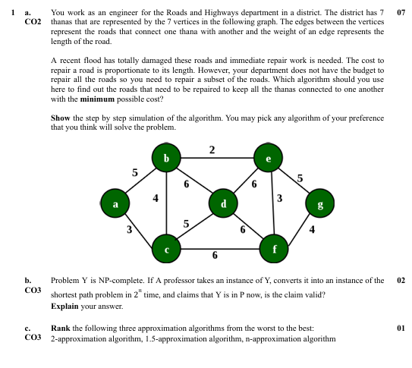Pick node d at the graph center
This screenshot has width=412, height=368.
[x=223, y=203]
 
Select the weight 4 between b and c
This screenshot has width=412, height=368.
[x=156, y=198]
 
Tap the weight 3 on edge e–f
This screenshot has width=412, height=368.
[x=280, y=199]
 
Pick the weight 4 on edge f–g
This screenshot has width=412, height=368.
[x=313, y=231]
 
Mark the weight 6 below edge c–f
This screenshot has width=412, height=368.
[x=215, y=255]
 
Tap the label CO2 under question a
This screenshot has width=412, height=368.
[x=33, y=23]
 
